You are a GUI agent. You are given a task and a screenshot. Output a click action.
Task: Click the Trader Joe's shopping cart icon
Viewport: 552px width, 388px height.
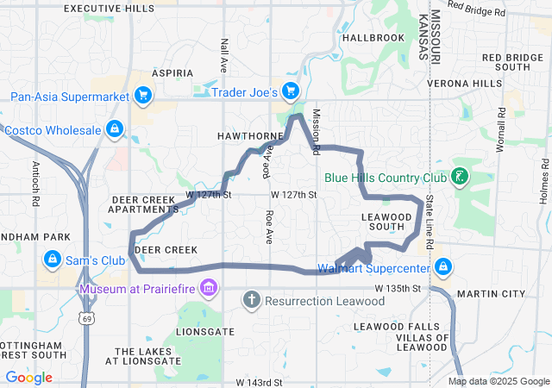290,91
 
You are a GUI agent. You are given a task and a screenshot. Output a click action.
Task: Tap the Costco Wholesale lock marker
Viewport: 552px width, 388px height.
114,130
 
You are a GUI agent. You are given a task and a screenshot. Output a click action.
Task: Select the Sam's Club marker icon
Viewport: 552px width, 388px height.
53,260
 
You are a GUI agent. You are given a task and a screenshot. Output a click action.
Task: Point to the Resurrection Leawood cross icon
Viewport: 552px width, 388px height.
251,301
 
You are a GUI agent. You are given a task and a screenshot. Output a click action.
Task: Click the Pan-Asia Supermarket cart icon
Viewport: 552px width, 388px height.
143,97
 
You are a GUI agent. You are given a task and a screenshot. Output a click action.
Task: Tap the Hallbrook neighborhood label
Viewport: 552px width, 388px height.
373,38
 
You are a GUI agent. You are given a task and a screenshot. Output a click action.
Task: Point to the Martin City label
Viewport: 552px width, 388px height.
490,294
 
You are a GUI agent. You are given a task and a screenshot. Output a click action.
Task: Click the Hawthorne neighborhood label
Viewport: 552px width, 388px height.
250,136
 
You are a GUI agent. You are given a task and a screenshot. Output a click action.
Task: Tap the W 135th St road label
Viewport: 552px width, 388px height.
398,287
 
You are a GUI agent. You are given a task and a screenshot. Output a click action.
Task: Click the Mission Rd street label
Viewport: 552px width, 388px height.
316,131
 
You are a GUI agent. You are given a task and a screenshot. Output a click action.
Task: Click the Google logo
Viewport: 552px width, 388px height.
28,378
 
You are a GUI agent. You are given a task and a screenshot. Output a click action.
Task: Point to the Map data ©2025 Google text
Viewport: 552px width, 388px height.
498,381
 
